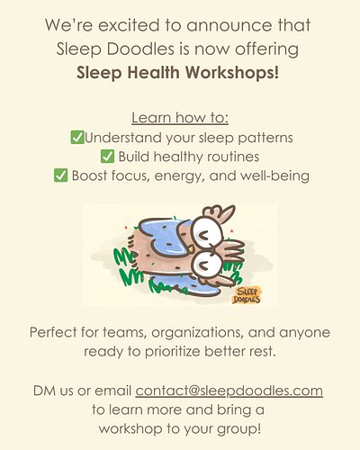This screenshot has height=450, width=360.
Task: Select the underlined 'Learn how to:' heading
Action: pyautogui.click(x=180, y=119)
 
